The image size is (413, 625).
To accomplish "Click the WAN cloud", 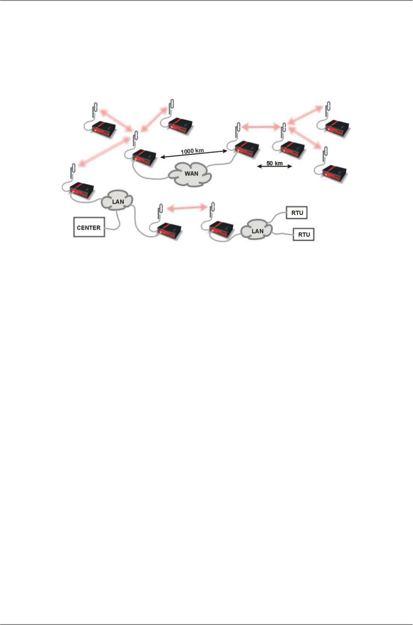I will (x=191, y=174).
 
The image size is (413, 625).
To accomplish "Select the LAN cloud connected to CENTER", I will (x=118, y=201).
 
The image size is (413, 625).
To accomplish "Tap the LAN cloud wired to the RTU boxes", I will (x=257, y=231).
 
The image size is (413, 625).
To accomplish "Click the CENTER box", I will (x=89, y=228).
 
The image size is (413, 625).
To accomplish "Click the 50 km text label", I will (x=274, y=163).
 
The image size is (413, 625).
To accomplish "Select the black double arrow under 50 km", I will (x=274, y=167).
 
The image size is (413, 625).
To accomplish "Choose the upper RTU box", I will (x=297, y=213).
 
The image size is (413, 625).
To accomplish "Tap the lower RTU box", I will (x=304, y=234).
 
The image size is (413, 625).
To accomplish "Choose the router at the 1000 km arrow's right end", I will (x=247, y=150).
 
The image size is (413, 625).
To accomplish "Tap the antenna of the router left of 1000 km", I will (x=135, y=139).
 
